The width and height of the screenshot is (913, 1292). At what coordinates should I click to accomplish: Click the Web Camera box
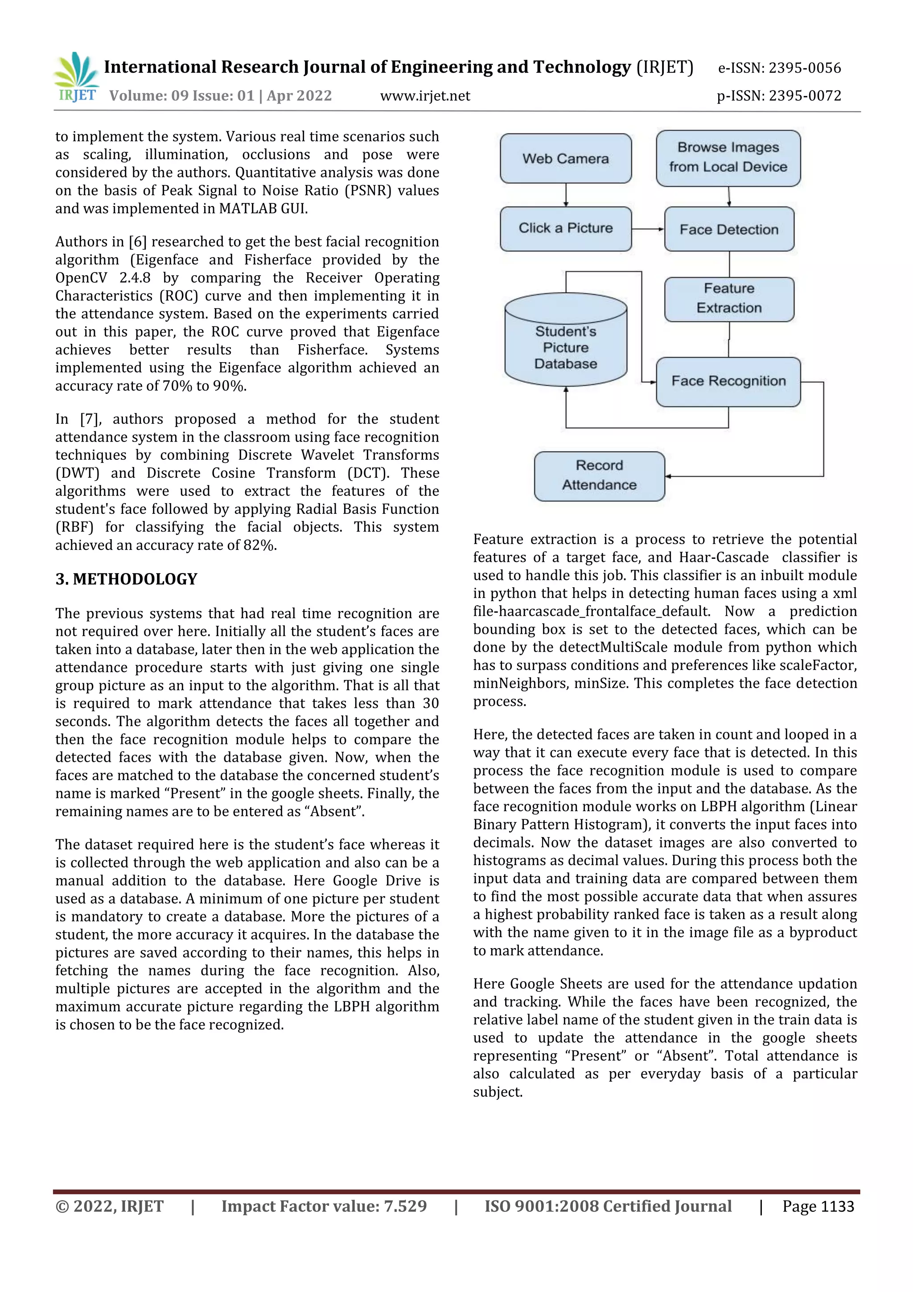click(565, 159)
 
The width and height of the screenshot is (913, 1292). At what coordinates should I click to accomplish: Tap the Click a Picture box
click(565, 228)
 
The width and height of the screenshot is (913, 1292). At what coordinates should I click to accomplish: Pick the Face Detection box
click(729, 229)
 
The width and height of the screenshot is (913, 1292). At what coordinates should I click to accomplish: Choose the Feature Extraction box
click(729, 299)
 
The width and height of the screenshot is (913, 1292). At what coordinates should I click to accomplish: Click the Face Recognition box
click(728, 381)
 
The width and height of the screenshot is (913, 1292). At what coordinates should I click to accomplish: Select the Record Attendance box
click(599, 475)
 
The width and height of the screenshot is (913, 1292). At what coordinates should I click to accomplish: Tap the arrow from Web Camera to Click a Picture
click(566, 195)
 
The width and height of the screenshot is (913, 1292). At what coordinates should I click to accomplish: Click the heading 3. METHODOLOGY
click(126, 579)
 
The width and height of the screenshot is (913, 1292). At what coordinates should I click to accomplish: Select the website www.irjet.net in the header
click(425, 96)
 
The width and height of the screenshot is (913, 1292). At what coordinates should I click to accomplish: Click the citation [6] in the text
click(137, 242)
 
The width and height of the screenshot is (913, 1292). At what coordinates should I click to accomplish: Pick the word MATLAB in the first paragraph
click(245, 209)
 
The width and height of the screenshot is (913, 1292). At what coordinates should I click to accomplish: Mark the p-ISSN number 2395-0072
click(804, 96)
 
